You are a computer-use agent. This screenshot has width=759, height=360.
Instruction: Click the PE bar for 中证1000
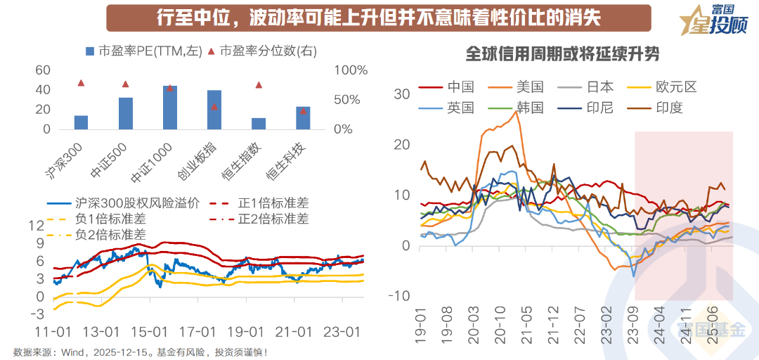[x=169, y=108]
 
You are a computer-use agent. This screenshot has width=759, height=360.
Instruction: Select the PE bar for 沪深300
[x=81, y=122]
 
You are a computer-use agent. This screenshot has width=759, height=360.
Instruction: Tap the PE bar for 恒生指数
[x=259, y=124]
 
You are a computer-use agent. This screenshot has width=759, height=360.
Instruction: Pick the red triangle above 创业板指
[x=214, y=107]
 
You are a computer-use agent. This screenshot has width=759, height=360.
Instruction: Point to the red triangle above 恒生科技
[x=303, y=110]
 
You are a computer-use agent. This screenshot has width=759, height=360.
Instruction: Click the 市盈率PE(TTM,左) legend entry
[x=144, y=51]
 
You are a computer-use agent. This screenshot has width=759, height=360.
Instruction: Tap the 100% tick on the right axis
[x=352, y=70]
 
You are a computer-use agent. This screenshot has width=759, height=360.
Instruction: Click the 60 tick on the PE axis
[x=43, y=70]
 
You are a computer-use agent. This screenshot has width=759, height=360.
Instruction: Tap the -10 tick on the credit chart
[x=402, y=295]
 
